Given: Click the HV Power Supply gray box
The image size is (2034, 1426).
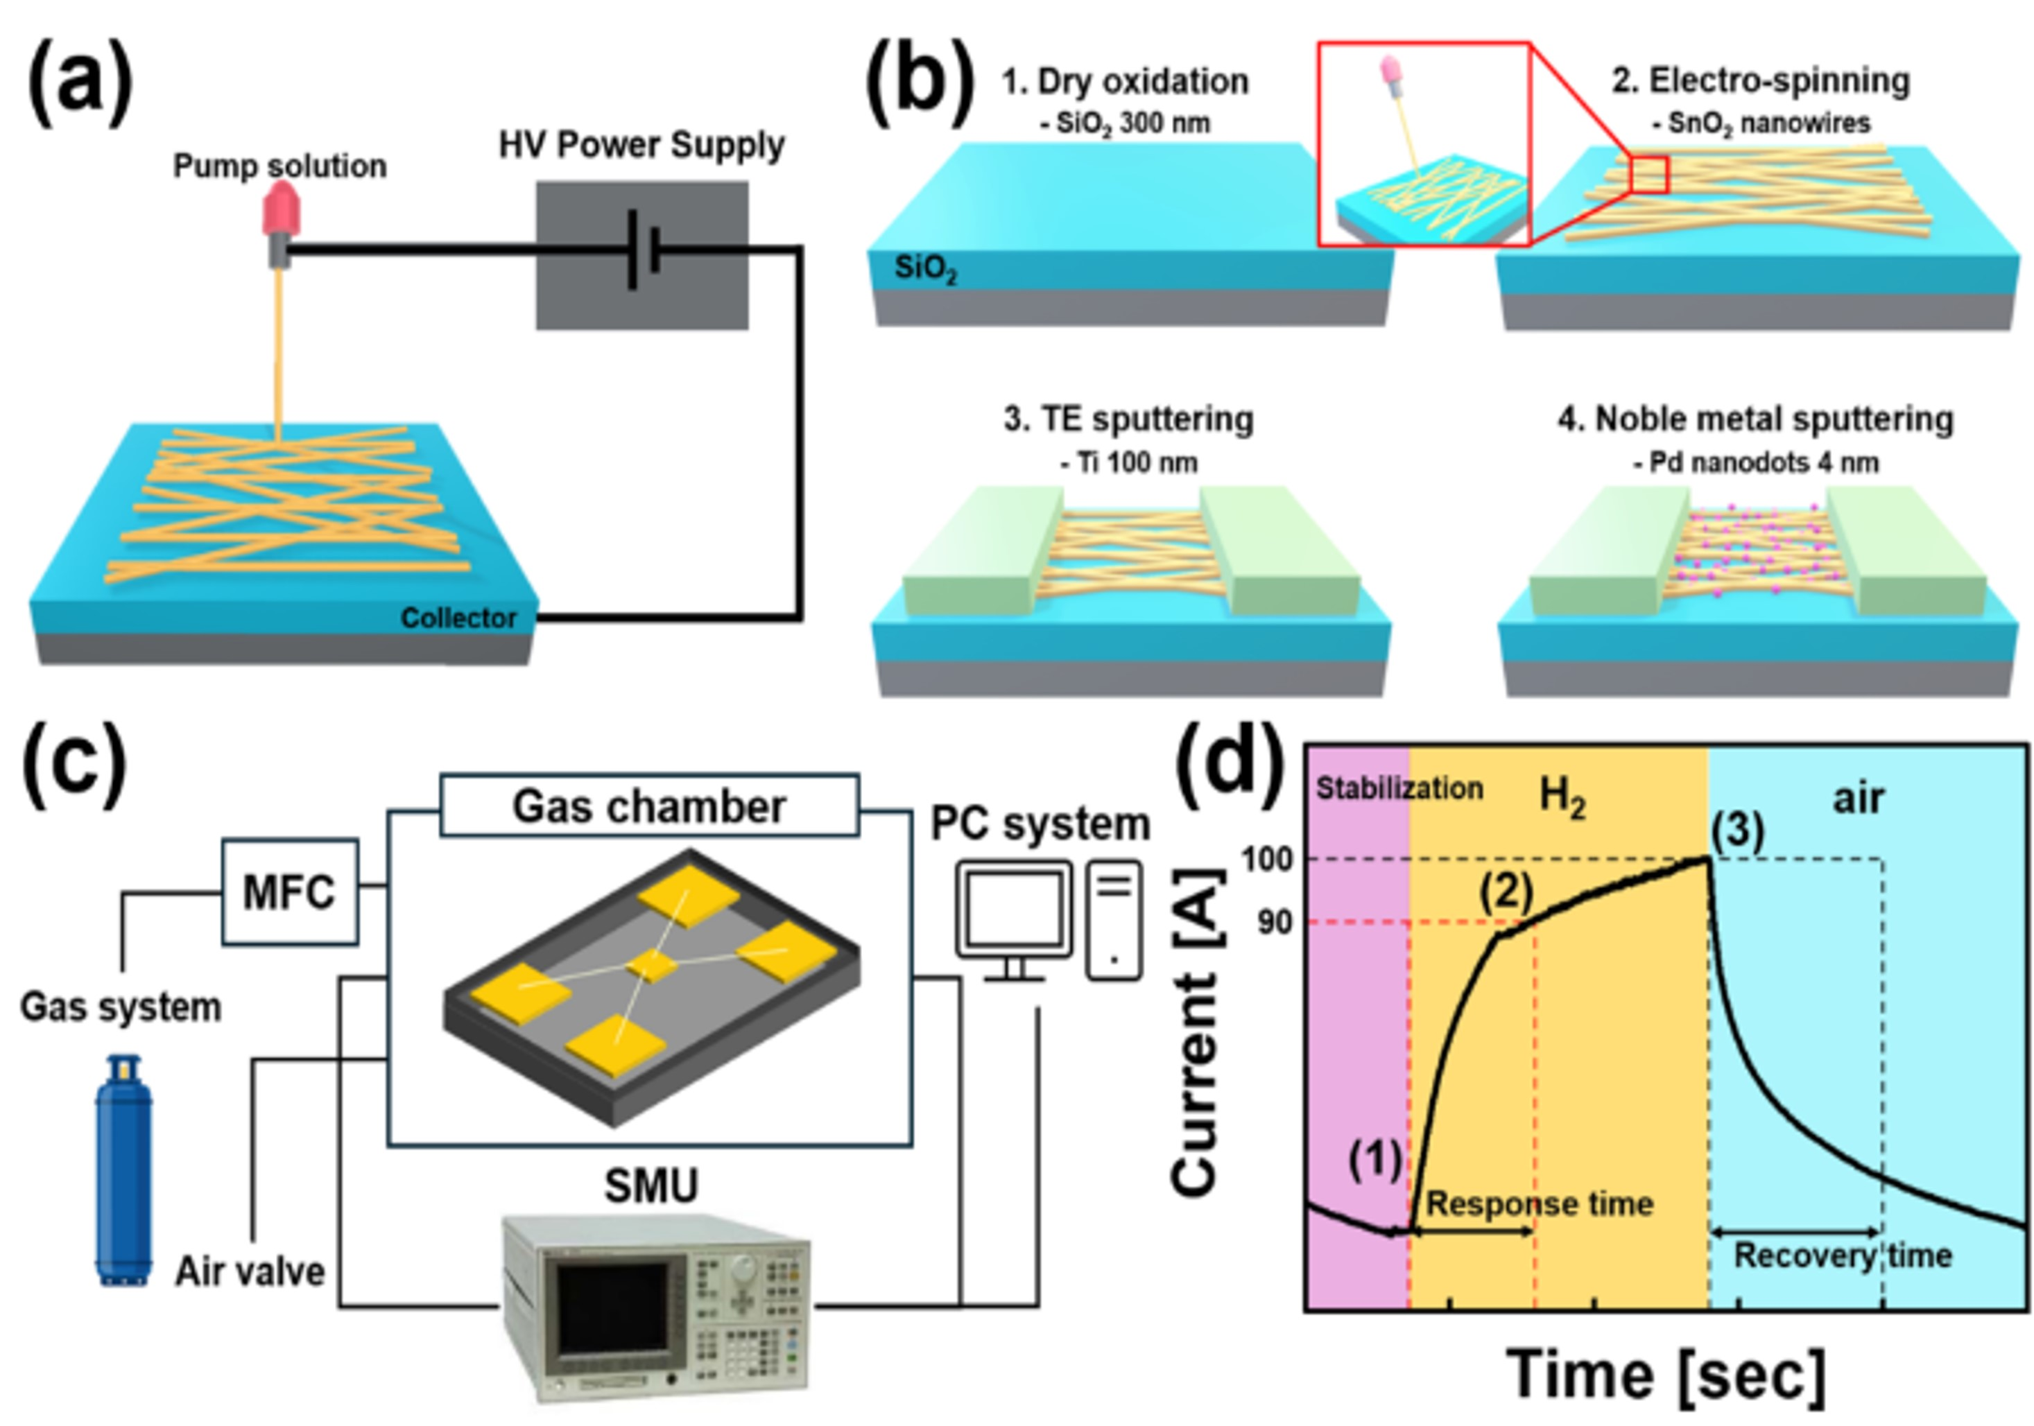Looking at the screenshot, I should [x=641, y=255].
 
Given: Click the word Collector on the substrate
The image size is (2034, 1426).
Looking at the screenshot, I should [x=457, y=618].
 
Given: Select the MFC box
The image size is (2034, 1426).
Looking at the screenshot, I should [x=290, y=892].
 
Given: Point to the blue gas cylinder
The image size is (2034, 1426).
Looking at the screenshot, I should [x=123, y=1169].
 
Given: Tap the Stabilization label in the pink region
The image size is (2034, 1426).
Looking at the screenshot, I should [x=1399, y=788].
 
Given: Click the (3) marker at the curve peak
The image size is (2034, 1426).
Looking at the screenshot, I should [x=1736, y=830].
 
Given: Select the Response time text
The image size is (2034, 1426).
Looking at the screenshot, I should [x=1540, y=1203].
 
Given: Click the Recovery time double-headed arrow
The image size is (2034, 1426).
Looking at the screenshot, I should [x=1795, y=1232].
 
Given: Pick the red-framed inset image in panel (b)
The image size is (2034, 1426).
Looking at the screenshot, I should [x=1424, y=144].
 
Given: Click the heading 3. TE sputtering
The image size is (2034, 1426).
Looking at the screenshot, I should [x=1128, y=419].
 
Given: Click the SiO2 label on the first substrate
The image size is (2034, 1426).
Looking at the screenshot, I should [x=925, y=268].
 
